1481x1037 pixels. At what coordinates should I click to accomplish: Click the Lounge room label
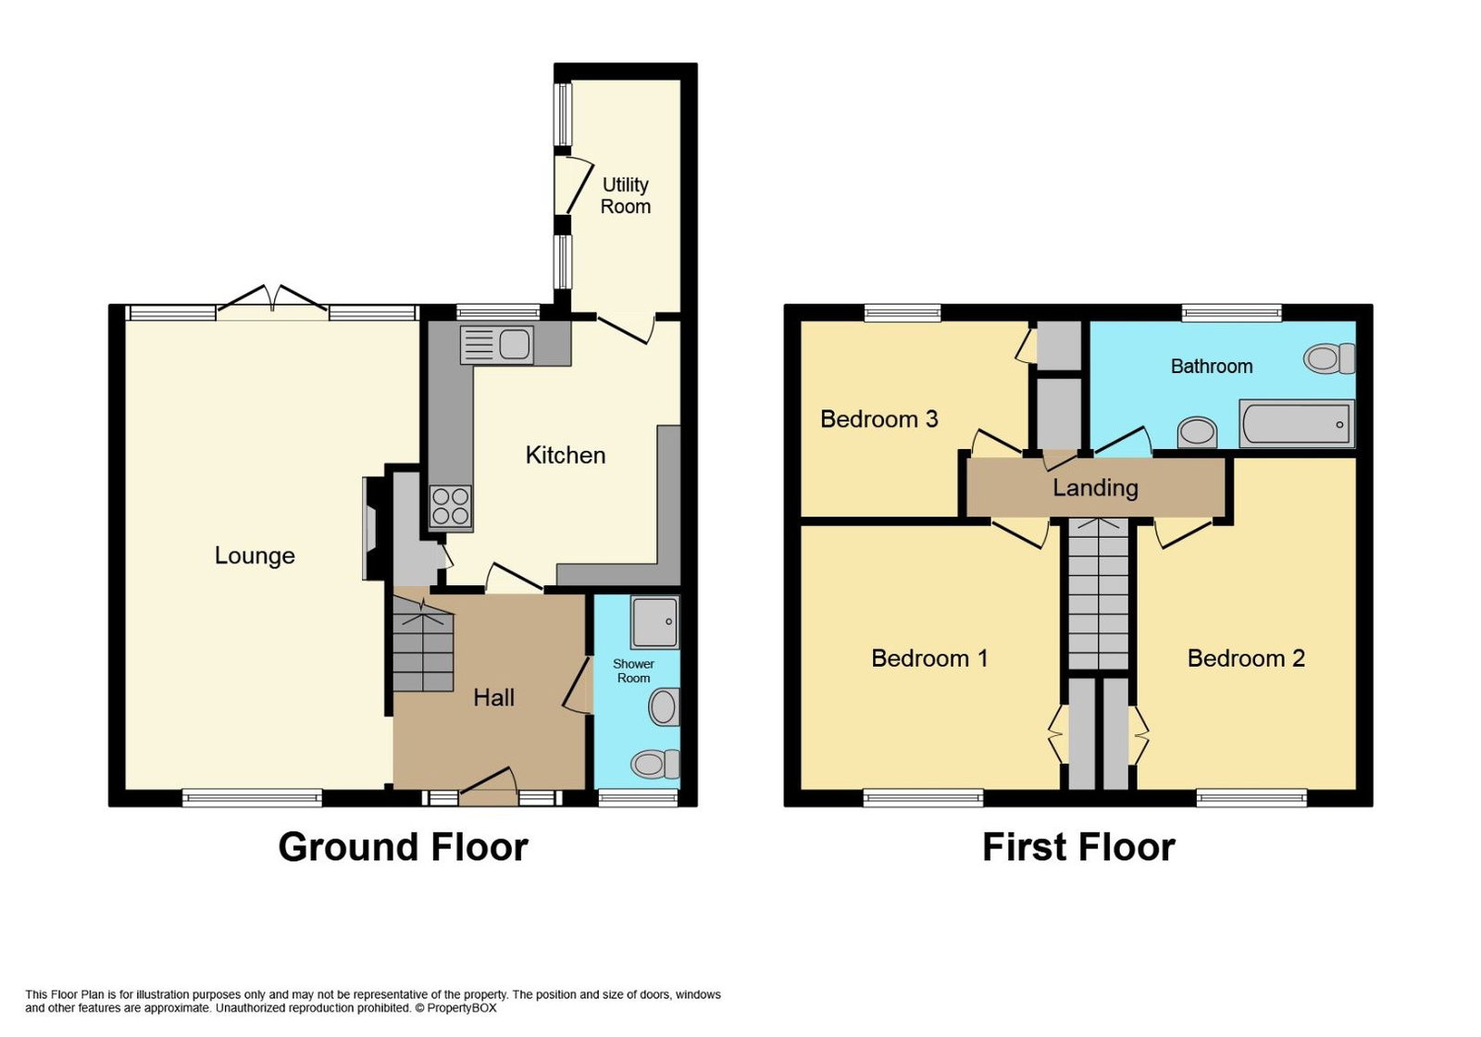pos(255,556)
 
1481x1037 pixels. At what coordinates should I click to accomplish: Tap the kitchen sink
pos(496,344)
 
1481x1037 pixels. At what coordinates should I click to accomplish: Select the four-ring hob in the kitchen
pos(450,506)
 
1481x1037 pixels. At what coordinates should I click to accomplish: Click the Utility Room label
pos(626,195)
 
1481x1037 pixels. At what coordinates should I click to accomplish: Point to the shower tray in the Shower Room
pos(654,621)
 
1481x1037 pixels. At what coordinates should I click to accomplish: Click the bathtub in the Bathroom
pos(1297,423)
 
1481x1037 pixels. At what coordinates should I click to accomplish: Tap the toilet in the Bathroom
pos(1329,358)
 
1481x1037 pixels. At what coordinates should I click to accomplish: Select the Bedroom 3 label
pos(879,419)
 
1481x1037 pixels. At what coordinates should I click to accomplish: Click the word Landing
pos(1096,488)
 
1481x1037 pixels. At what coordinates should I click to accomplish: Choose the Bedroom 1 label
pos(929,658)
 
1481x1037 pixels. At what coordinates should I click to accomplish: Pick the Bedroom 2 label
pos(1246,658)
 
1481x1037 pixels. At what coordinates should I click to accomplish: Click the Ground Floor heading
pos(404,847)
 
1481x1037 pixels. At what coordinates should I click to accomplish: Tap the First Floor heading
pos(1079,847)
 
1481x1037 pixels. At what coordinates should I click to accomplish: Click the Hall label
pos(494,698)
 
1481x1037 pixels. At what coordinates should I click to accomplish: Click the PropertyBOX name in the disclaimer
pos(462,1008)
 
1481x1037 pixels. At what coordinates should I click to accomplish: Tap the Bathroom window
pos(1232,312)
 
